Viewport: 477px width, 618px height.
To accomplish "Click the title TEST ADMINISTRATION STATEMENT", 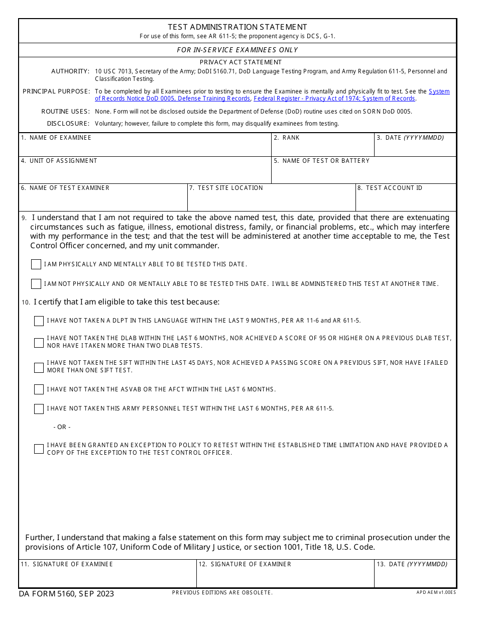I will coord(237,27).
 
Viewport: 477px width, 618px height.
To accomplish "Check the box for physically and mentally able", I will coord(36,264).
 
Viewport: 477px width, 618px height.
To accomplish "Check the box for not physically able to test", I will coord(36,284).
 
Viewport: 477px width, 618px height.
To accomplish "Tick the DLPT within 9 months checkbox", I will coord(39,321).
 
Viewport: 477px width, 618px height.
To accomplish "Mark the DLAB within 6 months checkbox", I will coord(39,343).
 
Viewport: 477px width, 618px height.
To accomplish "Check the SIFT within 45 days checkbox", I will coord(39,367).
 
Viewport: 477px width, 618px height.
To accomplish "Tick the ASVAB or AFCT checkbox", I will coord(39,389).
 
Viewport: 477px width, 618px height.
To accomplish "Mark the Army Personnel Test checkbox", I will coord(39,408).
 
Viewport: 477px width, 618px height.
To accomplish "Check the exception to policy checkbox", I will coord(39,449).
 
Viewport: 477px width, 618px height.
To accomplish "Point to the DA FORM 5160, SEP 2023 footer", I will coord(66,594).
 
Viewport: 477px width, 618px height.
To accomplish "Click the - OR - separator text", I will coord(62,427).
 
